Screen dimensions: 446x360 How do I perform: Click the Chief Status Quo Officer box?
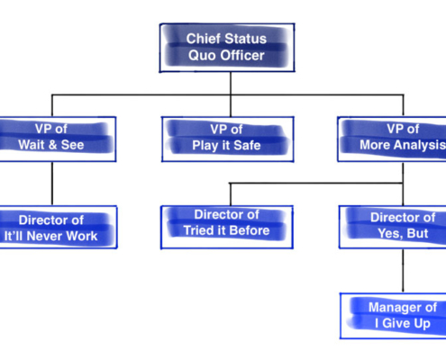click(x=227, y=48)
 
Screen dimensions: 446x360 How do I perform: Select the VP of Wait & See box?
click(x=58, y=139)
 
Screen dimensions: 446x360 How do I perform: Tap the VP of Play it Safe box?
click(x=228, y=139)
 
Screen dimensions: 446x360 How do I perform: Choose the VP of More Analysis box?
click(x=392, y=139)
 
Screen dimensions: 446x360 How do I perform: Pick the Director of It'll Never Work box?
click(x=59, y=227)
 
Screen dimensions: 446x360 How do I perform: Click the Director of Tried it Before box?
click(x=227, y=227)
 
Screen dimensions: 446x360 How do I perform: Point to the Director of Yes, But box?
click(x=393, y=227)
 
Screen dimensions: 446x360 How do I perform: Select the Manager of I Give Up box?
click(x=393, y=316)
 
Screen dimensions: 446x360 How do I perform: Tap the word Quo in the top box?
click(x=201, y=56)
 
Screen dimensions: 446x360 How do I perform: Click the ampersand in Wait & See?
click(x=52, y=145)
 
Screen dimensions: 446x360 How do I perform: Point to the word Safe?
click(x=247, y=146)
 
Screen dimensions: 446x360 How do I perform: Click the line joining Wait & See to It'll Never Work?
click(x=52, y=184)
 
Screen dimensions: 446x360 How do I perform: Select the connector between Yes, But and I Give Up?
click(x=403, y=271)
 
